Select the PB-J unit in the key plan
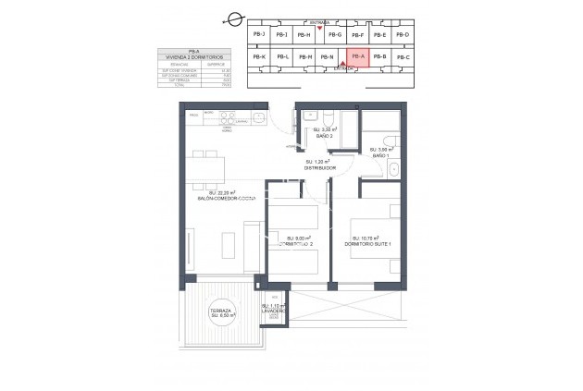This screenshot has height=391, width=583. [x=258, y=34]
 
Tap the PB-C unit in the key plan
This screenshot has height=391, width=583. [x=402, y=57]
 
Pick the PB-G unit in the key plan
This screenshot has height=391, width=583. [x=335, y=34]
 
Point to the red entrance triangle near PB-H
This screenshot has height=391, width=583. [x=319, y=29]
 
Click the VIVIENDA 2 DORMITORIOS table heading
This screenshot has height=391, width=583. [x=193, y=57]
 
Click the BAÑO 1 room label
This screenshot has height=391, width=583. [x=380, y=153]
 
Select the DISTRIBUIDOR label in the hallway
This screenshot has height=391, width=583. [x=319, y=168]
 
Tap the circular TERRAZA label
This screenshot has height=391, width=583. [x=222, y=313]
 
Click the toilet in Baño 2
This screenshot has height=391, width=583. [x=329, y=117]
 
